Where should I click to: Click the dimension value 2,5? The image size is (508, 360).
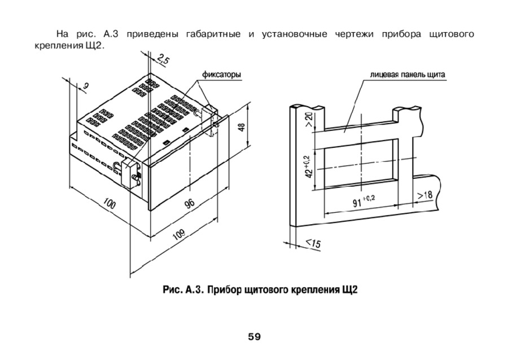coord(163,60)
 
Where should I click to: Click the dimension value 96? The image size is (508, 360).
coord(189,203)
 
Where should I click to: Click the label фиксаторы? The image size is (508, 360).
coord(222,75)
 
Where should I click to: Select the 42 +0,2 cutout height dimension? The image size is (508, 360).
coord(308,166)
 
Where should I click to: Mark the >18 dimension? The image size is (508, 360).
coord(424,195)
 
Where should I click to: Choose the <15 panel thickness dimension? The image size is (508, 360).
coord(313,243)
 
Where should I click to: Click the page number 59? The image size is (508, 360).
coord(255,337)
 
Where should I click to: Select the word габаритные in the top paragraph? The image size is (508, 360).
coord(213,34)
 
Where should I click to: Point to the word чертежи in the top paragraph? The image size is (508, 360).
coord(354,34)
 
